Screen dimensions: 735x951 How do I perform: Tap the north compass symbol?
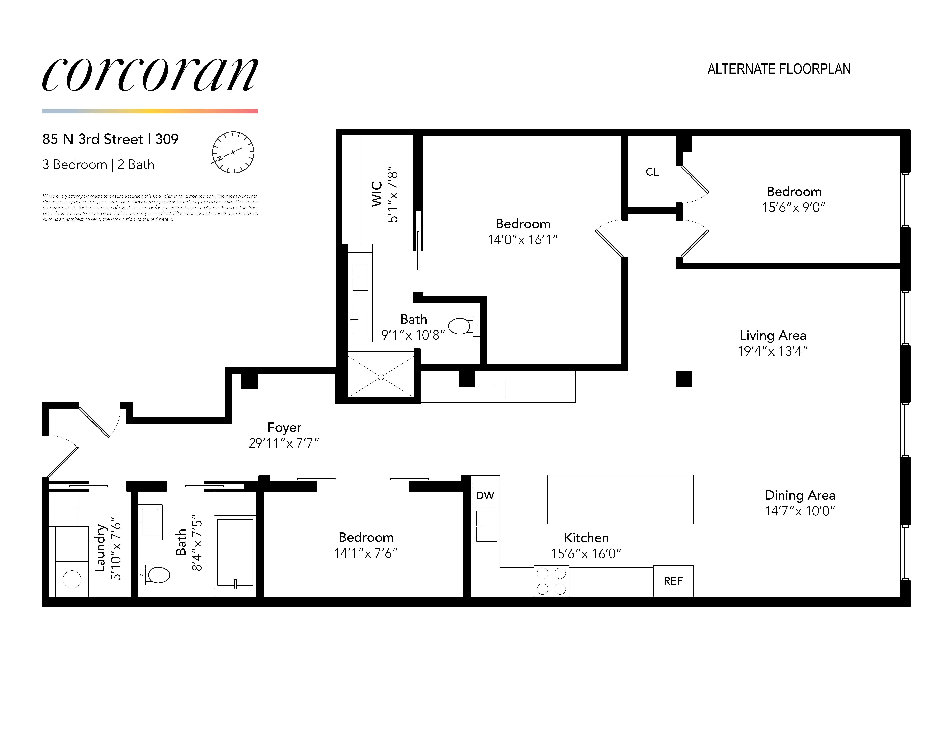(233, 152)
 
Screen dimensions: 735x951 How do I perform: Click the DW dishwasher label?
(485, 495)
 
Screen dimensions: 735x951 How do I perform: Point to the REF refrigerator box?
(673, 581)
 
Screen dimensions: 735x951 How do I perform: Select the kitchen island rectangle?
(620, 499)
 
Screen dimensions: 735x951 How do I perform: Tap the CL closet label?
(652, 172)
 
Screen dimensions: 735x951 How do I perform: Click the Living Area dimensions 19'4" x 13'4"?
(772, 351)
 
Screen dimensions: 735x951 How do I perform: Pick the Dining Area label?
(800, 495)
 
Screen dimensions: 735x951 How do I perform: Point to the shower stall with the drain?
(381, 377)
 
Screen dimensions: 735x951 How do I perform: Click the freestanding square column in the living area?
(684, 379)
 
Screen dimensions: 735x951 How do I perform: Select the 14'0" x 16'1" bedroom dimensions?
(523, 239)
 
